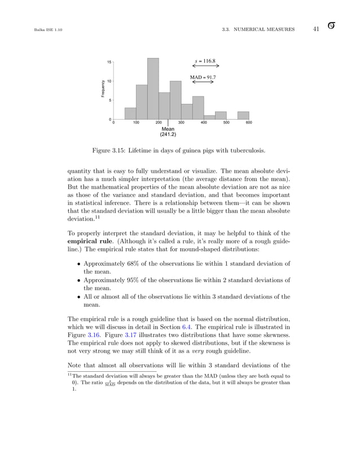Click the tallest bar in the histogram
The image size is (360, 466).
(x=152, y=89)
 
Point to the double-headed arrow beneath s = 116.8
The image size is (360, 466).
(x=205, y=66)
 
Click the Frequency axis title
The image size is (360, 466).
(x=103, y=88)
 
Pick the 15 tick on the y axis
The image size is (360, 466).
(x=108, y=62)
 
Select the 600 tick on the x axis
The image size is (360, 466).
(x=249, y=122)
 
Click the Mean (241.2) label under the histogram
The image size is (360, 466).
(x=168, y=132)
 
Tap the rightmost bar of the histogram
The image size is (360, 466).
(x=243, y=115)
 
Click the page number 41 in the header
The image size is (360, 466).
(x=317, y=29)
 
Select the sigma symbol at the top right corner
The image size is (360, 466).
(x=332, y=28)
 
